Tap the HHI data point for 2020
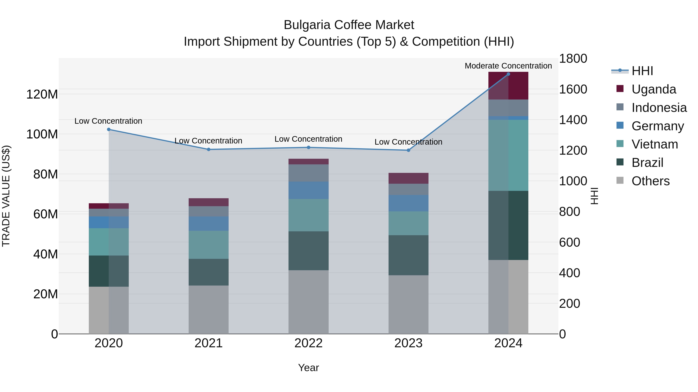(x=109, y=130)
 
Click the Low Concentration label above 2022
(x=308, y=139)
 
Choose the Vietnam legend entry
(x=654, y=144)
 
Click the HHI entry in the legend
(x=642, y=71)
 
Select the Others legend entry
(x=650, y=181)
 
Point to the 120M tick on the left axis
(x=42, y=94)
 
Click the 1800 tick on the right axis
(x=573, y=59)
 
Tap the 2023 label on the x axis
(x=408, y=343)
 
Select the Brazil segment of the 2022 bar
(x=308, y=250)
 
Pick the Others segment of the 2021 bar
(x=208, y=310)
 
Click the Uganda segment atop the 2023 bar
(x=408, y=178)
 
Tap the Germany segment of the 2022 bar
(x=308, y=190)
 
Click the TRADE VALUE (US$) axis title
(x=6, y=196)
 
